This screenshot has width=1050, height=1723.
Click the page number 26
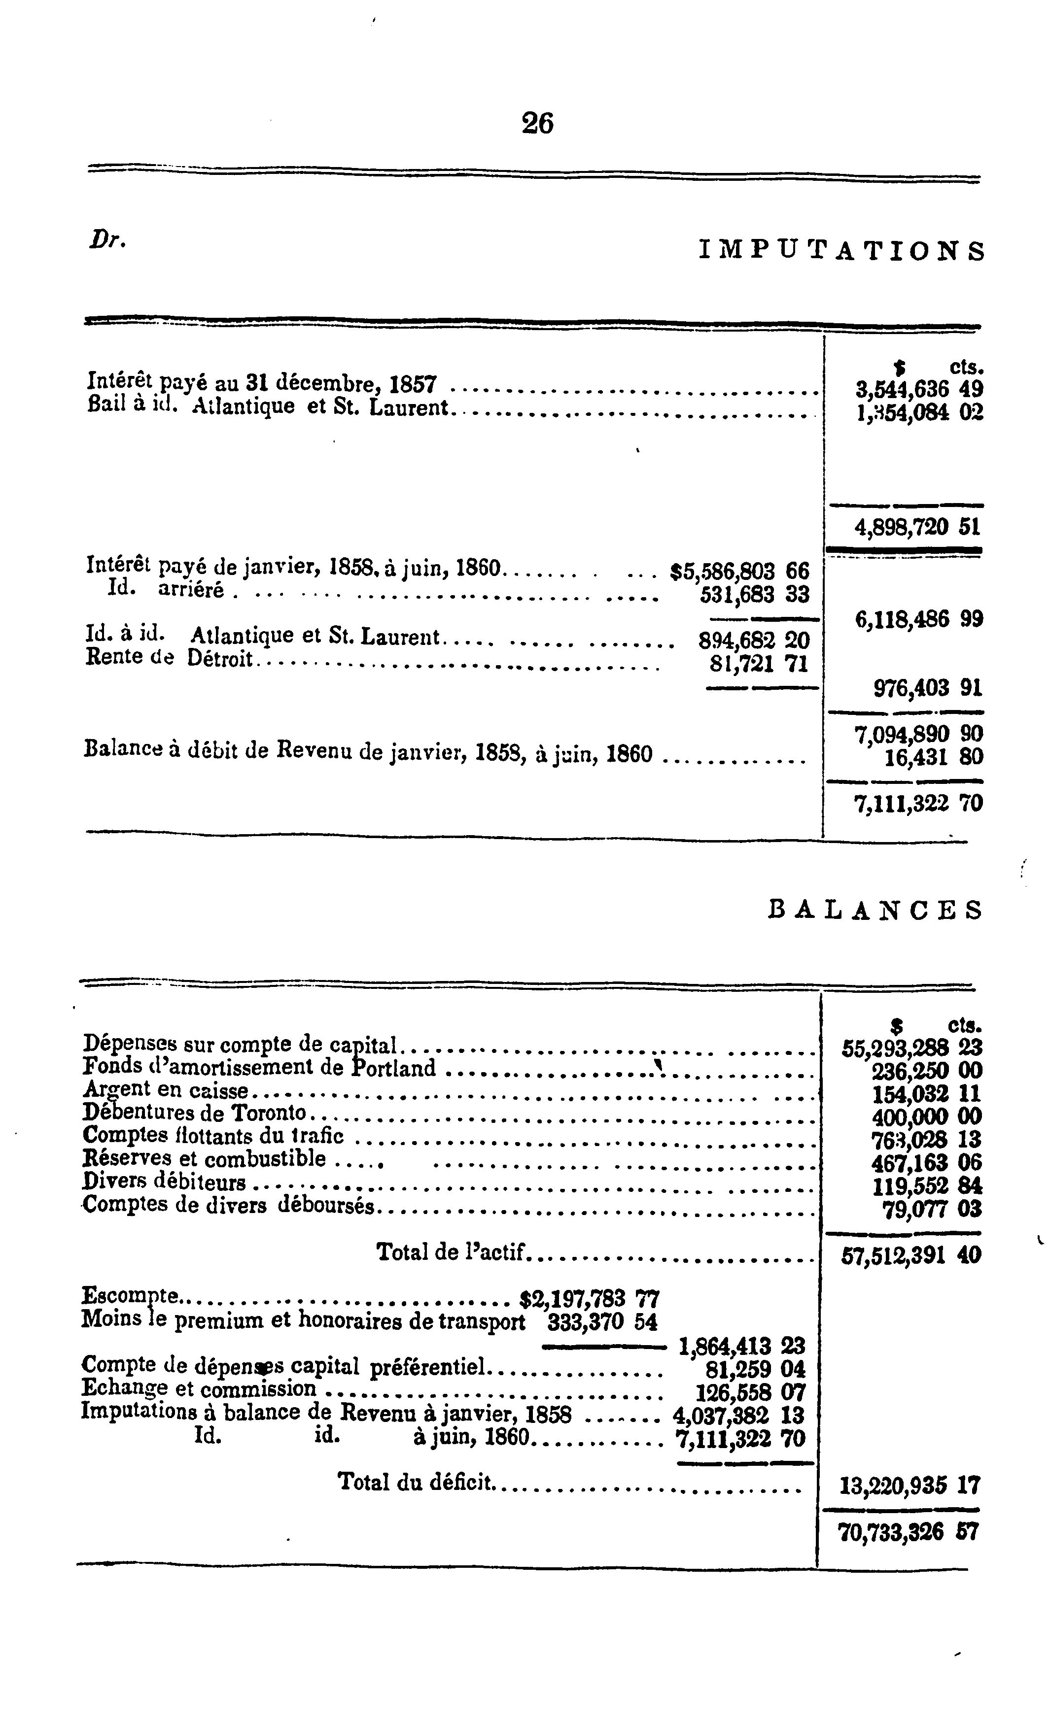[537, 124]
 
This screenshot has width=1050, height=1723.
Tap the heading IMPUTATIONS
[841, 250]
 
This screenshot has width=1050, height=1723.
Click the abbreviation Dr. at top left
[107, 240]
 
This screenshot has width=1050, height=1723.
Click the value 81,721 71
[758, 663]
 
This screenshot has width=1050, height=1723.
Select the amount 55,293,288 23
[911, 1047]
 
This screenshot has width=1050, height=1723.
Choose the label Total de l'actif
[451, 1251]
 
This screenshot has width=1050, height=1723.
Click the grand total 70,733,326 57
[908, 1533]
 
